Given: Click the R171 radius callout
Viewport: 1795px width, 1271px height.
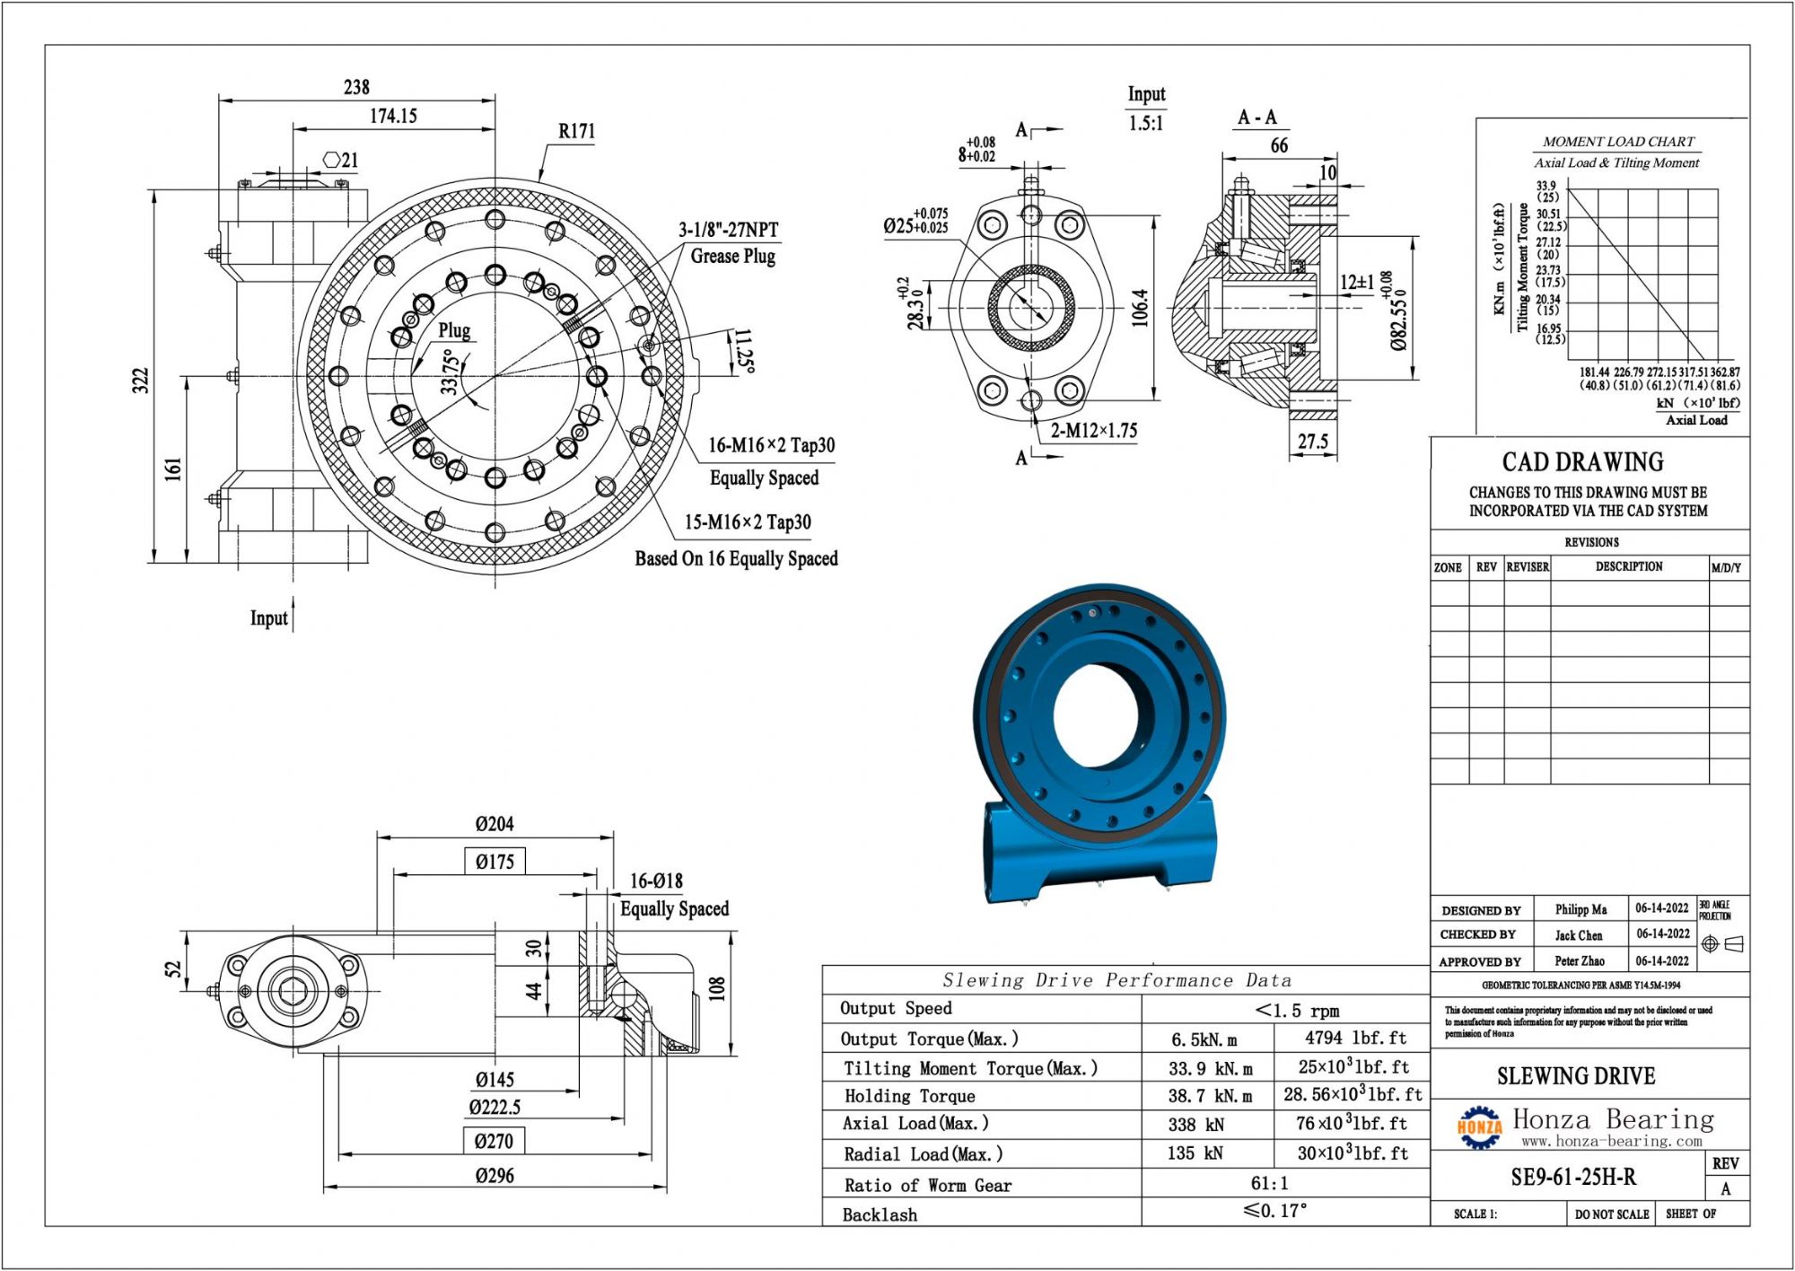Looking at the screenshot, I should [x=576, y=131].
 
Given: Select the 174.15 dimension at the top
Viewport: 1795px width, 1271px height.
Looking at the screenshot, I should [x=393, y=116].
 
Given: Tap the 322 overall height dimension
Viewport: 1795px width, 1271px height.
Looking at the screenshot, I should [x=140, y=381].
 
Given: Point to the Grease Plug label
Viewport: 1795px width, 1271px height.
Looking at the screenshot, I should [x=732, y=256].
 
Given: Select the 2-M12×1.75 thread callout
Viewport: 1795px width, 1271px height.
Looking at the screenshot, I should [x=1093, y=431].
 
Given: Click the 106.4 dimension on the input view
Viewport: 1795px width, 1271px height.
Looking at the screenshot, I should [x=1140, y=307].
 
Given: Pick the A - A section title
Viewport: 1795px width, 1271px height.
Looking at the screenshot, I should [x=1256, y=118].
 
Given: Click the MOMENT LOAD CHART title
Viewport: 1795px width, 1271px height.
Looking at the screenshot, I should [x=1617, y=142].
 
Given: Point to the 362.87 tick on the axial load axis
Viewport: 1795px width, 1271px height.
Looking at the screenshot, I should [x=1724, y=372].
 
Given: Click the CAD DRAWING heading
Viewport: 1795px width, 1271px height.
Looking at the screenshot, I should [x=1582, y=462].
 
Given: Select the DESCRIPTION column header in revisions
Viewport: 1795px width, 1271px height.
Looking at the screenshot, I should [x=1628, y=566].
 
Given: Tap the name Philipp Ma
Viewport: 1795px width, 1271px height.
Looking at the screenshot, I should [x=1580, y=909].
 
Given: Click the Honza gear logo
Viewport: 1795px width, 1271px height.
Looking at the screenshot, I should [x=1478, y=1127].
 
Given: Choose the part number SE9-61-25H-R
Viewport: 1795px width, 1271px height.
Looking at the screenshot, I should [x=1573, y=1177].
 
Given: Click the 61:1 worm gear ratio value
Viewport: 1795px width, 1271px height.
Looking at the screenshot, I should [x=1269, y=1183].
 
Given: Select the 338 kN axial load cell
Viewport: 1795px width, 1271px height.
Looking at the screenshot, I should [x=1195, y=1125].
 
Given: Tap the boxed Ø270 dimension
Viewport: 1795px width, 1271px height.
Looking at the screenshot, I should [x=495, y=1142].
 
